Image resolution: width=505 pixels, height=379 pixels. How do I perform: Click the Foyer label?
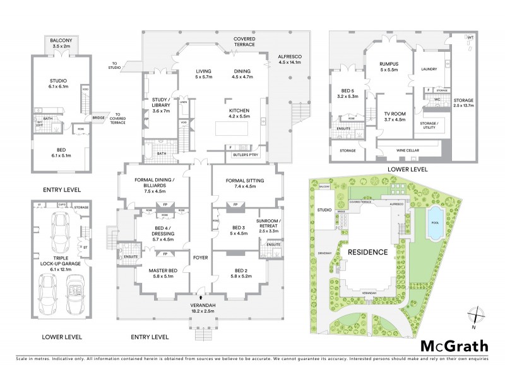point(201,257)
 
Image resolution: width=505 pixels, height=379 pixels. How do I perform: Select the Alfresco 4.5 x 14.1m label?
point(290,59)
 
